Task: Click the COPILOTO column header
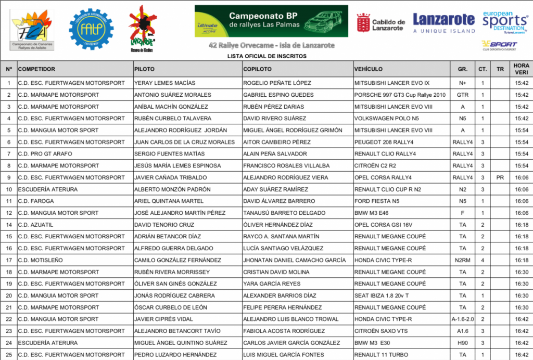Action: tap(257, 69)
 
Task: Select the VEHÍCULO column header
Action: tap(369, 69)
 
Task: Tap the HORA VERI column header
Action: tap(521, 69)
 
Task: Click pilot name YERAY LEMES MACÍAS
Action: tap(165, 83)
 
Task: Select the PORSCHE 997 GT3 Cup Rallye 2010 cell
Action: tap(400, 95)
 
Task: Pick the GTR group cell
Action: tap(462, 95)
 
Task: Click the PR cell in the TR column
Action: tap(500, 177)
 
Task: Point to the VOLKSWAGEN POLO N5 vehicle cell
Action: tap(386, 118)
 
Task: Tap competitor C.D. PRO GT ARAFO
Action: tap(45, 154)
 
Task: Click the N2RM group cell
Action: tap(462, 260)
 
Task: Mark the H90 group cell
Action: tap(462, 343)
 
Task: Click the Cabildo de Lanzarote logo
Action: tap(380, 22)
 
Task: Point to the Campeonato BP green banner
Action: tap(271, 21)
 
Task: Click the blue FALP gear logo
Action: tap(91, 29)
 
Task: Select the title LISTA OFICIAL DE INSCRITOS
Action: tap(267, 56)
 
